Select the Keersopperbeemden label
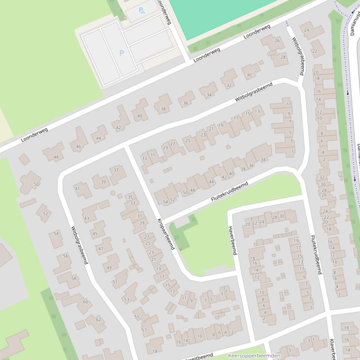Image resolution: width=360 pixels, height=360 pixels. tap(254, 356)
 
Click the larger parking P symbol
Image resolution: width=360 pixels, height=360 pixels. tap(122, 53)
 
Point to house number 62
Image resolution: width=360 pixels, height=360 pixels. tap(98, 319)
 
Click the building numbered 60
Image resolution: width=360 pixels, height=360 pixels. tap(85, 302)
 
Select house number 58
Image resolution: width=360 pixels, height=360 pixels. tap(73, 278)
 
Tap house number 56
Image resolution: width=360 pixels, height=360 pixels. tap(66, 256)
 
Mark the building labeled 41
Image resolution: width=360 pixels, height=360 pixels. tap(77, 188)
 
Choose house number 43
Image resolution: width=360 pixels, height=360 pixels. tap(87, 218)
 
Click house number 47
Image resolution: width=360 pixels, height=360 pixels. tap(101, 248)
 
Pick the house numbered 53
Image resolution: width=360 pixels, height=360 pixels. tap(126, 299)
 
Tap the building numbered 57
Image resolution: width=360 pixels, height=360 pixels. tap(144, 330)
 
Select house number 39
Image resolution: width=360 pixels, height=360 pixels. tap(103, 182)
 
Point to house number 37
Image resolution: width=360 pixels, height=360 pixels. tap(116, 170)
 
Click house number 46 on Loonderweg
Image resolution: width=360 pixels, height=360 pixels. tap(78, 147)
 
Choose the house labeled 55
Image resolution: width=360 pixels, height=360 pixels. tap(137, 317)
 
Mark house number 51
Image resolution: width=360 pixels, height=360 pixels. tap(115, 281)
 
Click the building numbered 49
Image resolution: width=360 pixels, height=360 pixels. tap(109, 267)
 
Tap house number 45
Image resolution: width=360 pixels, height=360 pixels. tap(95, 233)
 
